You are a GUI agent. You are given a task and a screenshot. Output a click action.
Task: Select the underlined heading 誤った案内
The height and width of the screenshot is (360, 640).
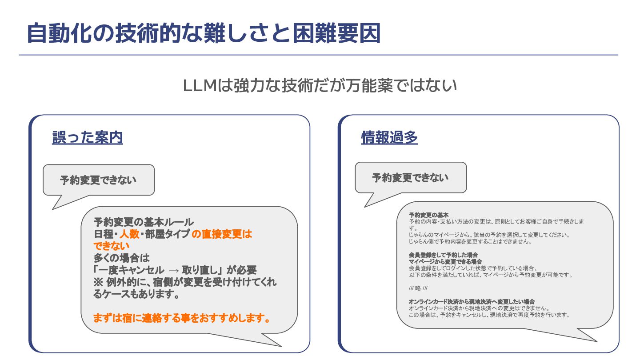tap(87, 138)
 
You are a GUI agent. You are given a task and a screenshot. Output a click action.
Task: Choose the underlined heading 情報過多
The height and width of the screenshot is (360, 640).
tap(389, 138)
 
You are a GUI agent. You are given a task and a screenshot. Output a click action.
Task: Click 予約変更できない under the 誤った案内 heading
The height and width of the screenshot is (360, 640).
tap(98, 180)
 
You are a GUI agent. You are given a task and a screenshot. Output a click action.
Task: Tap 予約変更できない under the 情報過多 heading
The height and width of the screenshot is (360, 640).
tap(410, 178)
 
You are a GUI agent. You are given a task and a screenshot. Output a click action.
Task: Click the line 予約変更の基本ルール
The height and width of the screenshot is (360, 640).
tap(144, 222)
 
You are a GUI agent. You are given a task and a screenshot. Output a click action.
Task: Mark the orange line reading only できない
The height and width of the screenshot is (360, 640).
tap(112, 246)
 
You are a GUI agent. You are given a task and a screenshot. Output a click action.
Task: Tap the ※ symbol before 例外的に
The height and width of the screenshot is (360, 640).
tap(98, 282)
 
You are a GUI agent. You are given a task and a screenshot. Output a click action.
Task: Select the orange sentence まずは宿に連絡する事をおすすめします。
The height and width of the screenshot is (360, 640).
tap(182, 318)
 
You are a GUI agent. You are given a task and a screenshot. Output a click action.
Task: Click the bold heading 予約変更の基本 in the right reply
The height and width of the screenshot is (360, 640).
tap(428, 215)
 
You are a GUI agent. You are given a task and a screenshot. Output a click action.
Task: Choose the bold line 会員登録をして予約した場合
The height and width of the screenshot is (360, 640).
tap(443, 255)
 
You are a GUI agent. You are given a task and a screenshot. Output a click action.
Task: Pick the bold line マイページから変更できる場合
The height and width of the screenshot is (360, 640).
tap(445, 262)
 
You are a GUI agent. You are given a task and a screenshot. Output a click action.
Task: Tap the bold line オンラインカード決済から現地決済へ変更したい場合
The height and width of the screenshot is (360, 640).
tap(472, 302)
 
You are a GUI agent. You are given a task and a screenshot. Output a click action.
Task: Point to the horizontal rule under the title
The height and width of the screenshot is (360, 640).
tap(318, 55)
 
